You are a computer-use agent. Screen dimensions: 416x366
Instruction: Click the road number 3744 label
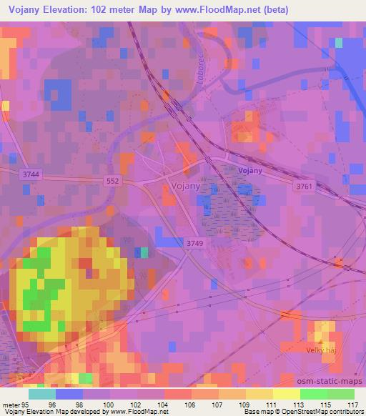pos(31,174)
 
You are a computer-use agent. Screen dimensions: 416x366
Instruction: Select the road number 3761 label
pos(305,186)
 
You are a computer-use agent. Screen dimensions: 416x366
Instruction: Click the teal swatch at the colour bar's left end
pos(42,394)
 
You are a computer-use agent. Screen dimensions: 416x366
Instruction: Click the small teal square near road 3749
pos(144,252)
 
